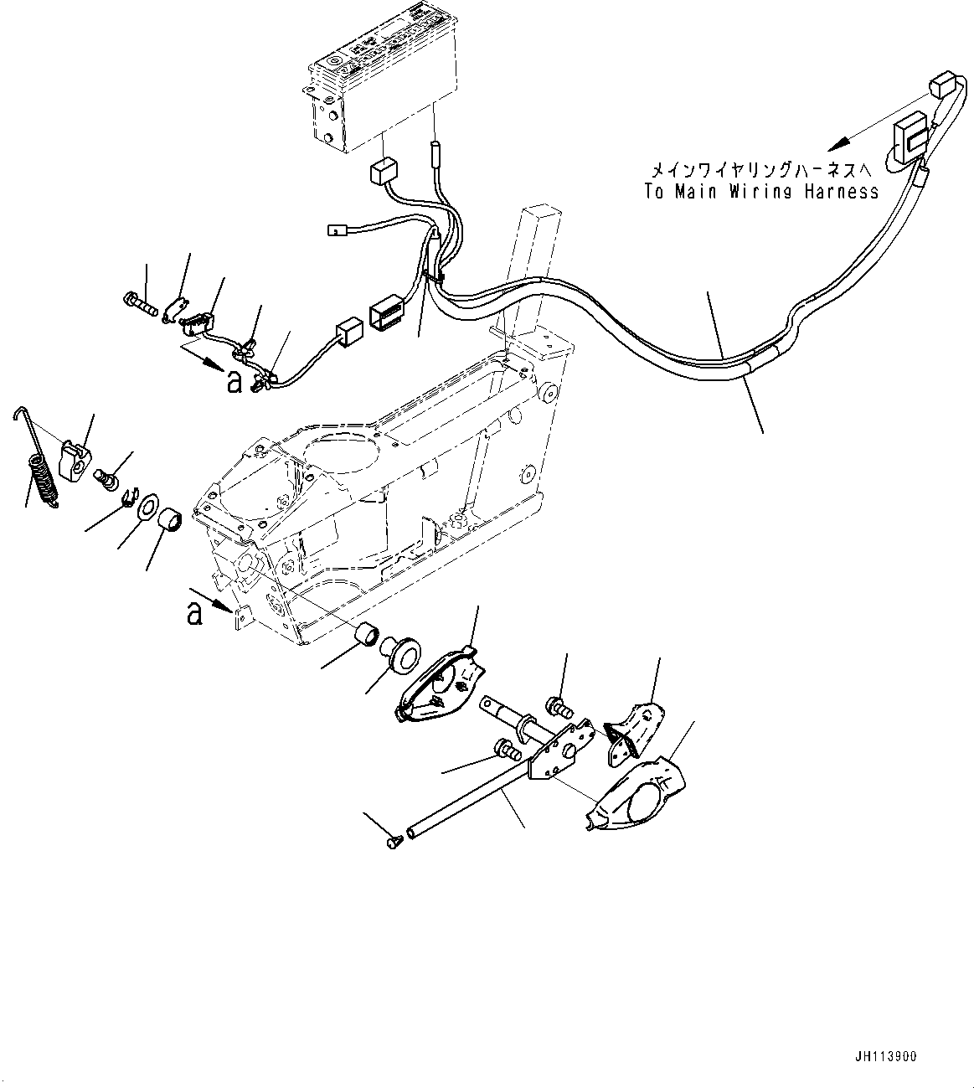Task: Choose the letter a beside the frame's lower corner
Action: (x=195, y=614)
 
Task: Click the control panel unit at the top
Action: (x=381, y=92)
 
